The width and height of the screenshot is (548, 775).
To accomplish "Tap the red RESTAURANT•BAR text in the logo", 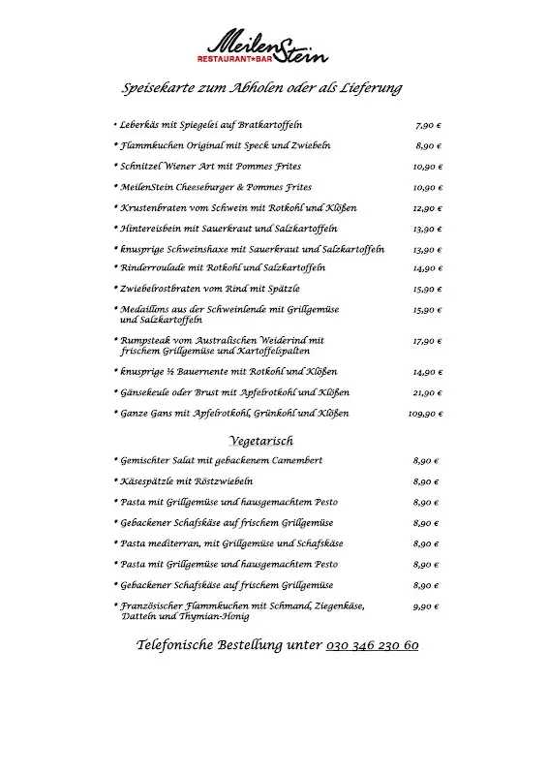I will point(238,58).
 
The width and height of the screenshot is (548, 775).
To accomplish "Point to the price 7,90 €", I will point(427,126).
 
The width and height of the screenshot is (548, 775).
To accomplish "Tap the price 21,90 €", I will point(427,393).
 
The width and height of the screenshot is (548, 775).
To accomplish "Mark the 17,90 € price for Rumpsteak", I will point(427,342).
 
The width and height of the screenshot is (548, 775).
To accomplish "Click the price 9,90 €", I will point(426,607).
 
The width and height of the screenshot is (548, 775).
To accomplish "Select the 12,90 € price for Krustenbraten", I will point(427,208).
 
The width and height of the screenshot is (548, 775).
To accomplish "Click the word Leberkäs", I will point(140,126).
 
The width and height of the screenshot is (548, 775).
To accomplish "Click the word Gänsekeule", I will point(145,393).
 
